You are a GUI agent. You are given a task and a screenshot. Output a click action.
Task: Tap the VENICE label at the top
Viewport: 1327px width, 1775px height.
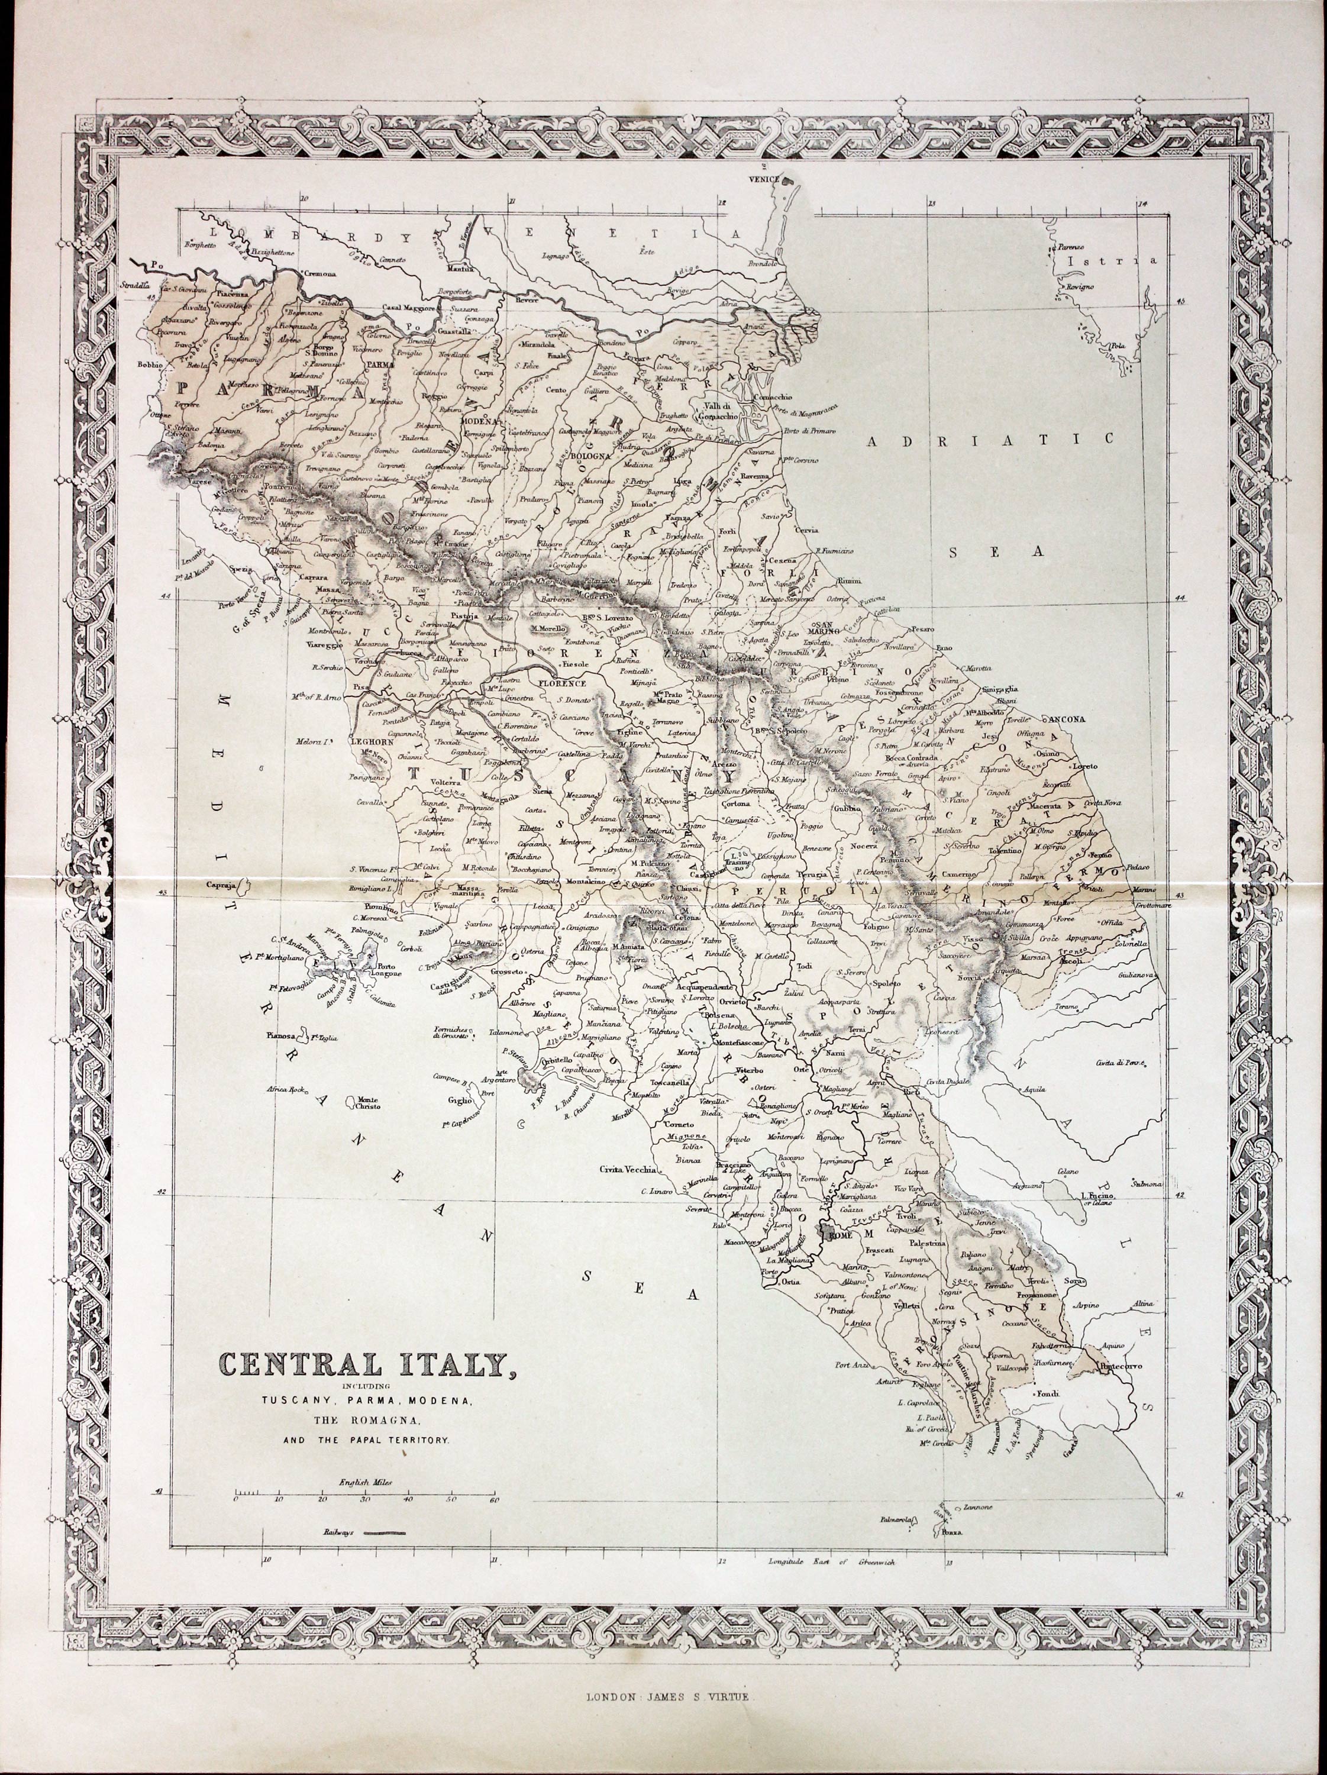764,180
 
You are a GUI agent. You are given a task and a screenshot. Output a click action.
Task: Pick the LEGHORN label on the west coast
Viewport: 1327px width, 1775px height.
371,743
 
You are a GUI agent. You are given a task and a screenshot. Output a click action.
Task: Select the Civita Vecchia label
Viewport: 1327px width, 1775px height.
627,1169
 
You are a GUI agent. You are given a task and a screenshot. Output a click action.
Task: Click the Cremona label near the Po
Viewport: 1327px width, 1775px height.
319,273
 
